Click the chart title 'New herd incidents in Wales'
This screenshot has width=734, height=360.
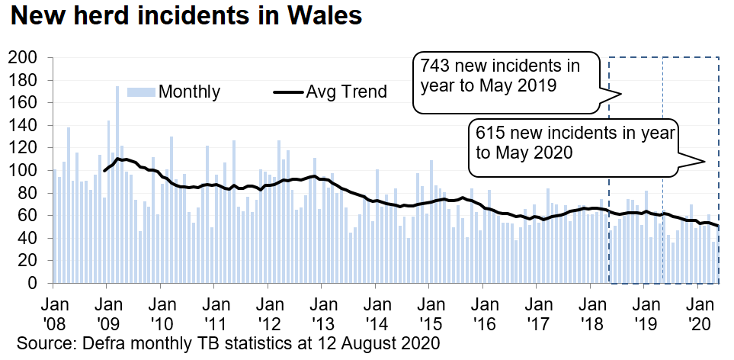[x=182, y=17]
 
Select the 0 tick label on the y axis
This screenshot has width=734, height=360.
[x=32, y=283]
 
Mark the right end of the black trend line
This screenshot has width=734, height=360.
[x=719, y=227]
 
